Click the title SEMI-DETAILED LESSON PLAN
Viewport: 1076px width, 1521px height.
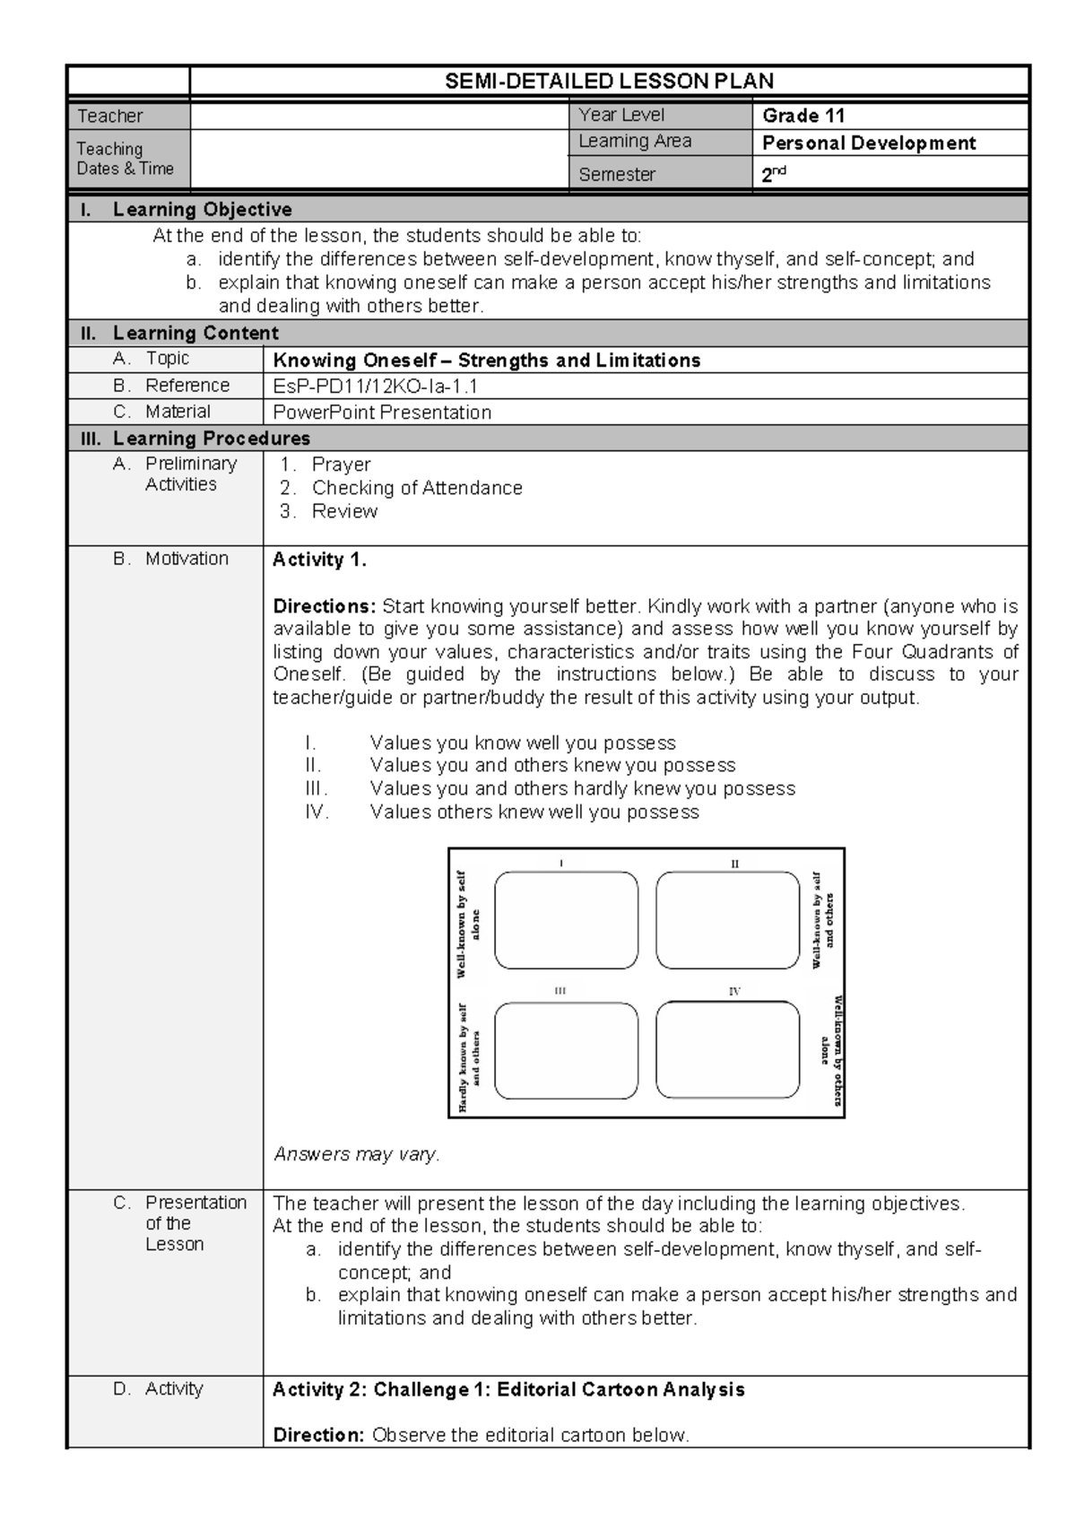(x=609, y=82)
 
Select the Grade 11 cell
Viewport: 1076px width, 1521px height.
(x=803, y=116)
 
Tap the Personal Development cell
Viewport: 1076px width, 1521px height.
(x=868, y=143)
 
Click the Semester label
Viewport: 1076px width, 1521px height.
(x=617, y=175)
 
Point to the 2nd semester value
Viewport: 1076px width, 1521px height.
(x=773, y=175)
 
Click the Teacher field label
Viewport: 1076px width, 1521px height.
(x=109, y=116)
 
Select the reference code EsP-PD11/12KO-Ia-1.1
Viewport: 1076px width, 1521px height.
(x=375, y=387)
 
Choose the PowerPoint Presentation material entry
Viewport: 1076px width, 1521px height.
(x=382, y=413)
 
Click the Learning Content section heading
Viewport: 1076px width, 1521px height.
(x=195, y=334)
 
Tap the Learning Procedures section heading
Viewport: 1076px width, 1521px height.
(x=211, y=439)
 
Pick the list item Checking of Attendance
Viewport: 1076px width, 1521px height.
(x=417, y=488)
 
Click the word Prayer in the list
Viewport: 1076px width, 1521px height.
(x=341, y=465)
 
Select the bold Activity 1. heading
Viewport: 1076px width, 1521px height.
(x=319, y=560)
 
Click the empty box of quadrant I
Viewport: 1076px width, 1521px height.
(x=566, y=920)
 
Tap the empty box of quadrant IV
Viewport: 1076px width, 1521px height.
(x=727, y=1050)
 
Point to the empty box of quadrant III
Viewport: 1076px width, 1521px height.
(x=566, y=1050)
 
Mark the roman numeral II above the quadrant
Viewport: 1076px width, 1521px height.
(x=734, y=865)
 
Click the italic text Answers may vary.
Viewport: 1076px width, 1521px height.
(x=356, y=1154)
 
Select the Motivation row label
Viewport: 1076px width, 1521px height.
(x=187, y=559)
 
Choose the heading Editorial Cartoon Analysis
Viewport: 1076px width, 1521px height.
(x=620, y=1390)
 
